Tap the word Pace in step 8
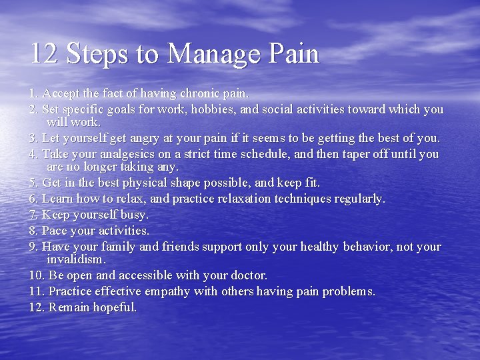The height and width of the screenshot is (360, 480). click(54, 231)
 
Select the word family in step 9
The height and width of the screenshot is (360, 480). click(118, 247)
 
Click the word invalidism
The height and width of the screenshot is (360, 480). click(76, 259)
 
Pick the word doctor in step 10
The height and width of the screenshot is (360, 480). click(248, 275)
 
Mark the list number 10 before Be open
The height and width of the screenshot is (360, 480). click(36, 275)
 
